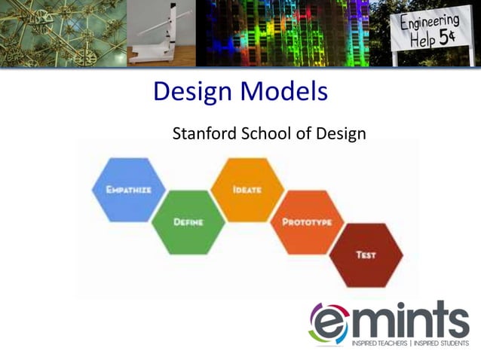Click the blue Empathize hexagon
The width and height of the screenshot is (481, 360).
128,190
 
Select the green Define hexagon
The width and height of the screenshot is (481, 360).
188,222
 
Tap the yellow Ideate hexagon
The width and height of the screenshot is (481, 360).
247,190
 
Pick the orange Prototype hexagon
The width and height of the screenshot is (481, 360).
307,222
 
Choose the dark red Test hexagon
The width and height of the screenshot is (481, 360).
366,255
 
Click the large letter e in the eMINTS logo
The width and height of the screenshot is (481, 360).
329,323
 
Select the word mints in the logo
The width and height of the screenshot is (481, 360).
410,319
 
